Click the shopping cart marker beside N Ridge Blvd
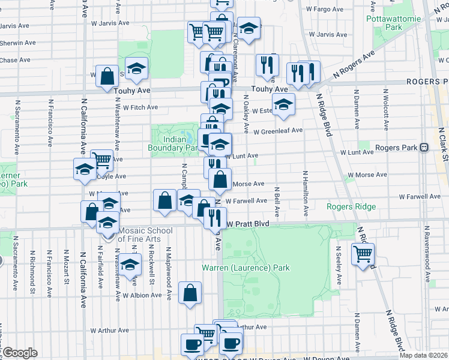point(363,255)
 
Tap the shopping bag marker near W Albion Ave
point(190,293)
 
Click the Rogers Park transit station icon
point(424,147)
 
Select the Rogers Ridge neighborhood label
point(351,207)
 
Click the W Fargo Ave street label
point(324,10)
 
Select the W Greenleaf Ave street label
point(278,131)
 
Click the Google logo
point(19,353)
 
